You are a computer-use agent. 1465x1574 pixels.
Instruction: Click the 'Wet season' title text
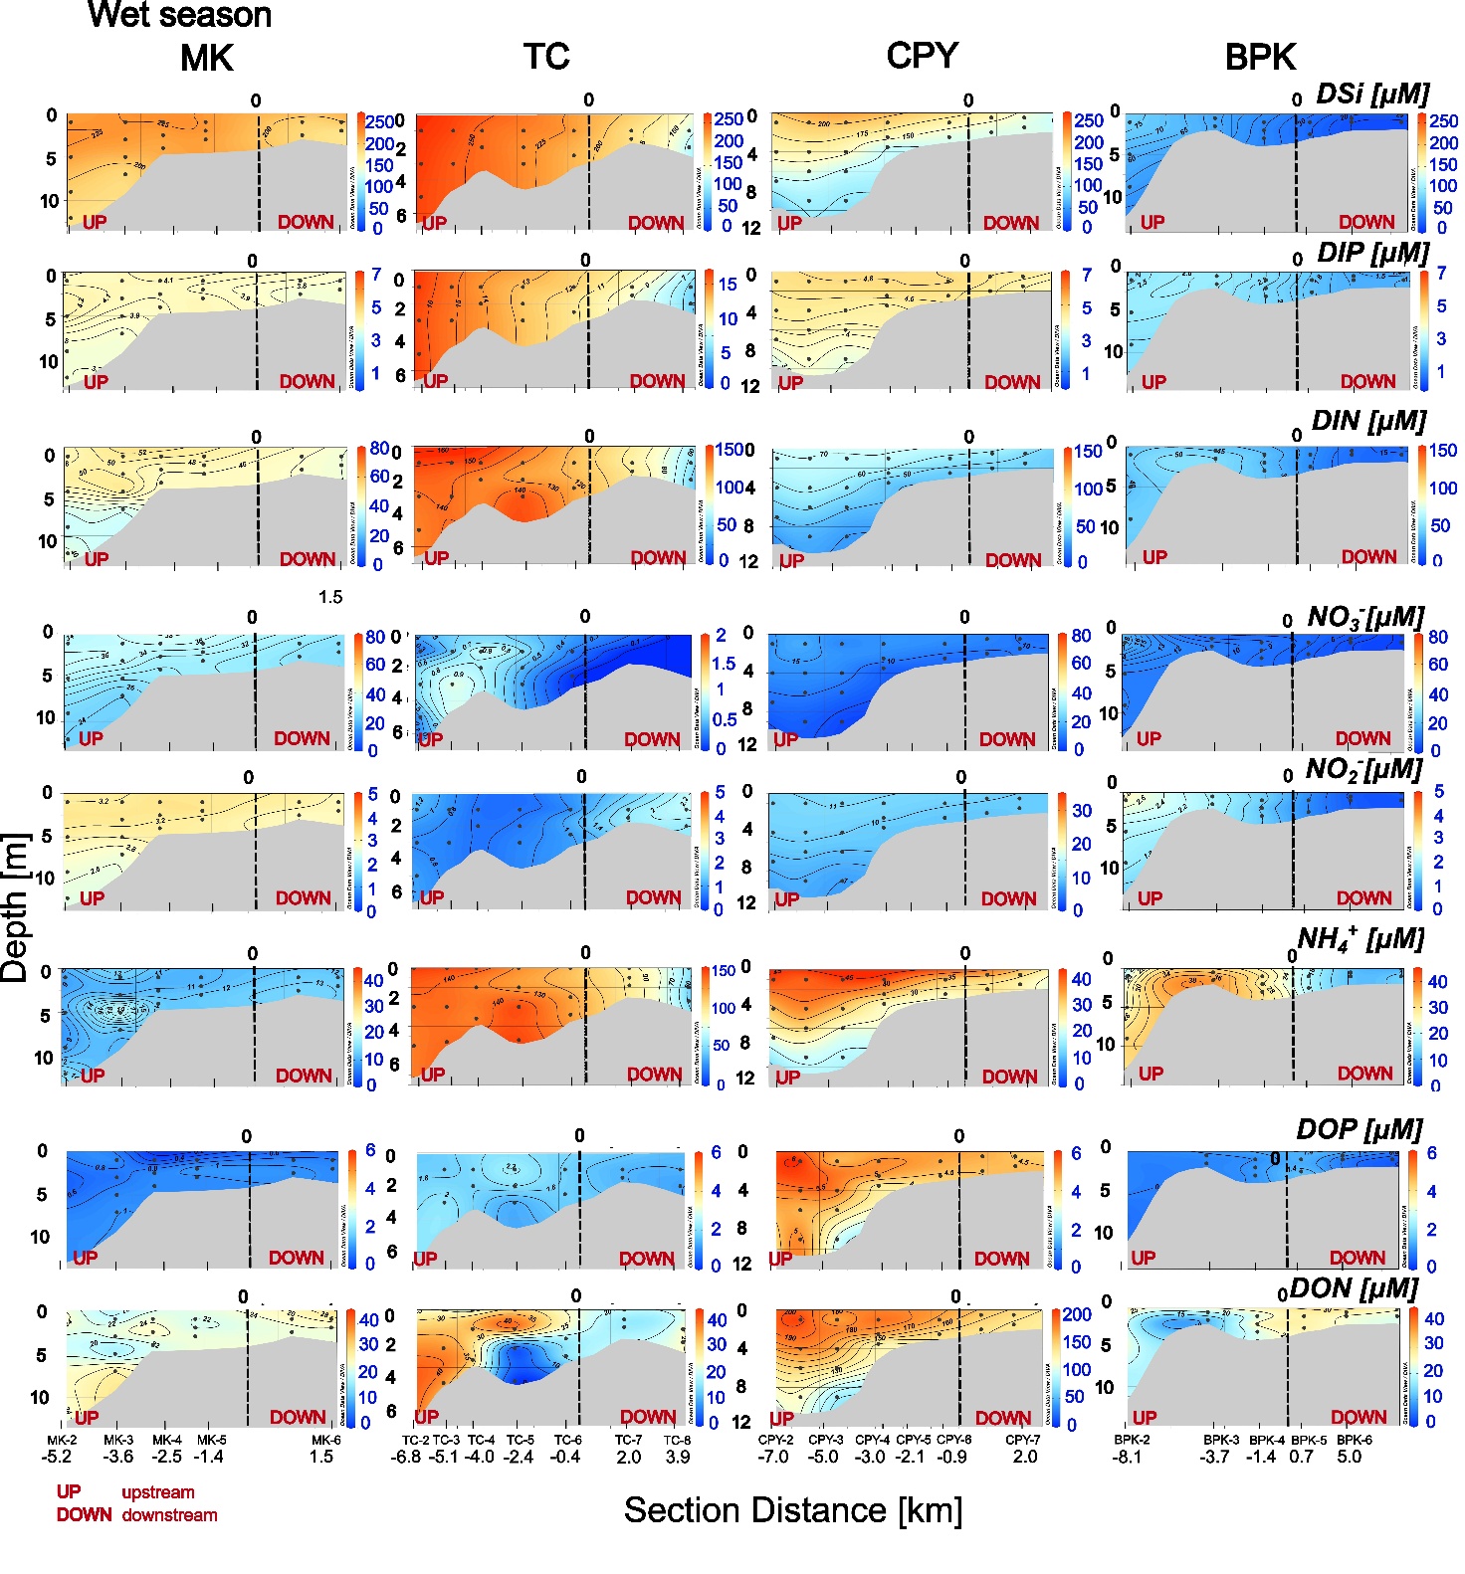point(179,15)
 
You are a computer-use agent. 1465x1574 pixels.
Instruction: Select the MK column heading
point(207,58)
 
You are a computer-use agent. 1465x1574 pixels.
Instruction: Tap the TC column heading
point(546,56)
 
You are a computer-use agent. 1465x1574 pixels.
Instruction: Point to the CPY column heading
point(922,55)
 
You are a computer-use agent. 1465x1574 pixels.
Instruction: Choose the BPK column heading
point(1260,57)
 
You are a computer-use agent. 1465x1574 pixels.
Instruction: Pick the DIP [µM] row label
point(1372,254)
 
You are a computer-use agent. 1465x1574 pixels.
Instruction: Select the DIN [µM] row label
point(1368,422)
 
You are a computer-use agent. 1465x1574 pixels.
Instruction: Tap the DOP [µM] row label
point(1359,1130)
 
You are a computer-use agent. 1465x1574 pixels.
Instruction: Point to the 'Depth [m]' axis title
point(15,907)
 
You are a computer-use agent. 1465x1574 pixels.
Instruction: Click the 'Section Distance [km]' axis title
point(792,1510)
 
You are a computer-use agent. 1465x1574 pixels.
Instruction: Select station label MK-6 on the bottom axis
point(325,1440)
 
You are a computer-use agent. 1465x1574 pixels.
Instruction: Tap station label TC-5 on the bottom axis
point(520,1440)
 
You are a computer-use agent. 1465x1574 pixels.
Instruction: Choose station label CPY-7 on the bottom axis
point(1022,1440)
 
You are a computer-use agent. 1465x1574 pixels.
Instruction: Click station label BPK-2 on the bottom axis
point(1132,1440)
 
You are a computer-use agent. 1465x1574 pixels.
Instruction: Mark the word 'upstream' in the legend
point(157,1492)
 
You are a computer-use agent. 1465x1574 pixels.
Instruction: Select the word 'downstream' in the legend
point(169,1515)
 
